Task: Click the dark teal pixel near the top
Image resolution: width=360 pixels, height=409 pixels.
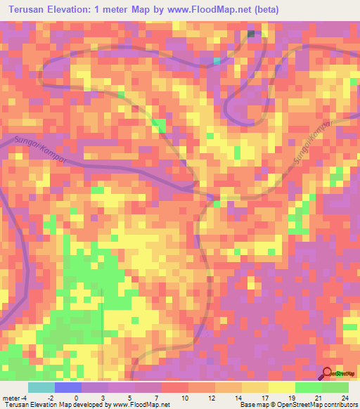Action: coord(252,34)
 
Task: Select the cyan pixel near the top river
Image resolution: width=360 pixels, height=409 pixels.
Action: coord(217,61)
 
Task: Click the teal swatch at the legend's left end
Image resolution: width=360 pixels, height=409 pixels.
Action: coord(41,387)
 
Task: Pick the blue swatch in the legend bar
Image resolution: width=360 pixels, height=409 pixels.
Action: coord(68,387)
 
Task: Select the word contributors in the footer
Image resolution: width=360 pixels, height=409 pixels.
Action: coord(338,405)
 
